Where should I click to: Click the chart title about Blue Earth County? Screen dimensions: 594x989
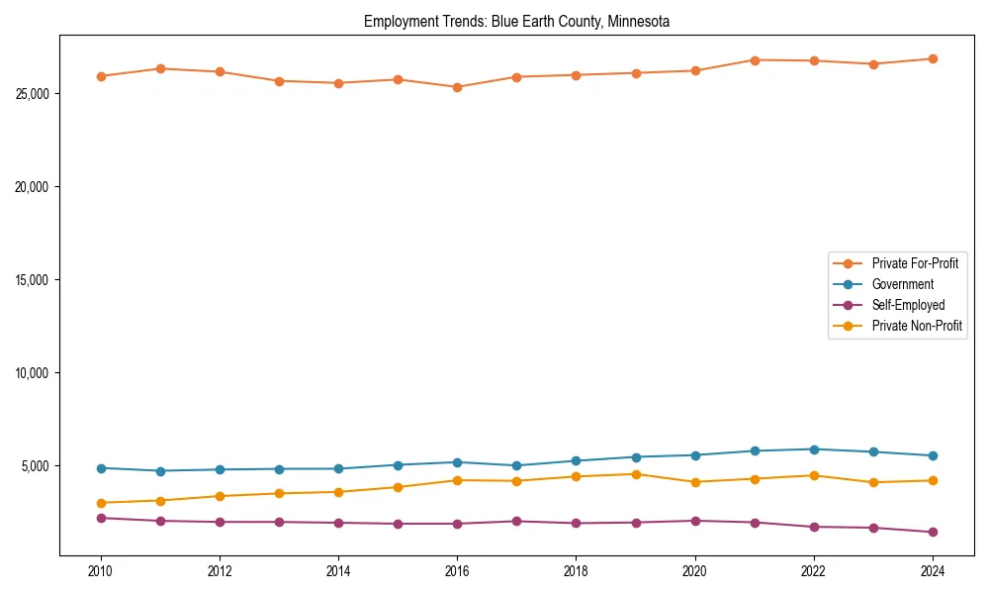516,21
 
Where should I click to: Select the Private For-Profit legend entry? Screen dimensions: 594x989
915,263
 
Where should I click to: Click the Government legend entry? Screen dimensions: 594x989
902,284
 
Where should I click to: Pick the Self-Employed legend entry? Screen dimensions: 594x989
908,305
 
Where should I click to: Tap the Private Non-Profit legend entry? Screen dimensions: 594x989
917,326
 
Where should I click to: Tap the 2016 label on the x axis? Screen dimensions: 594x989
457,571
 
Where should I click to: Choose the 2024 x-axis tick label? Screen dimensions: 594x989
932,571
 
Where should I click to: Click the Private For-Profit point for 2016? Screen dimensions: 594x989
457,87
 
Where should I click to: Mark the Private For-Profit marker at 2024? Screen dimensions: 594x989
932,58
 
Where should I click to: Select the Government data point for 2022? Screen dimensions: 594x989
813,449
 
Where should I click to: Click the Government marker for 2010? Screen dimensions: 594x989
101,468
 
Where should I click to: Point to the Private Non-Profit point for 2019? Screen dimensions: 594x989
635,474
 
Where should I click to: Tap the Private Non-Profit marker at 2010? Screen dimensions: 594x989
101,503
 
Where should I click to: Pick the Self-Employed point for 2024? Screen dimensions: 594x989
932,532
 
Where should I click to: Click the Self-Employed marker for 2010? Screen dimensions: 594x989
101,518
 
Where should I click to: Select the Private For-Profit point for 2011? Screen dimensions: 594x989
160,68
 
